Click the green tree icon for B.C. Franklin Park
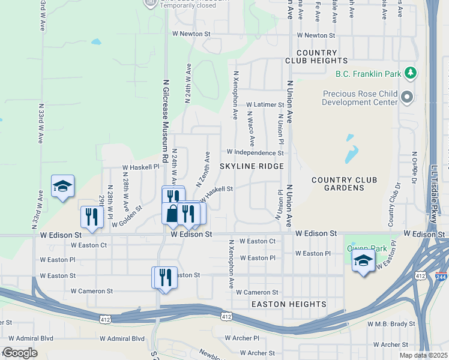point(411,74)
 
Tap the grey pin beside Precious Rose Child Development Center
point(408,97)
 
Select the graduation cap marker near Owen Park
point(363,262)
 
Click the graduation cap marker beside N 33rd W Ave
point(62,187)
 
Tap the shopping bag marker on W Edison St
point(172,214)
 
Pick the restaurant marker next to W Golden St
point(92,216)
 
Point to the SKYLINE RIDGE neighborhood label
point(251,166)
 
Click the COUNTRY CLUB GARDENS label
point(344,184)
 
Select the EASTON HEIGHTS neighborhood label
point(288,304)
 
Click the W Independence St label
point(255,152)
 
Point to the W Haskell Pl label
point(140,167)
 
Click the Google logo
point(20,353)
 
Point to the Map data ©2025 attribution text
point(423,355)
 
